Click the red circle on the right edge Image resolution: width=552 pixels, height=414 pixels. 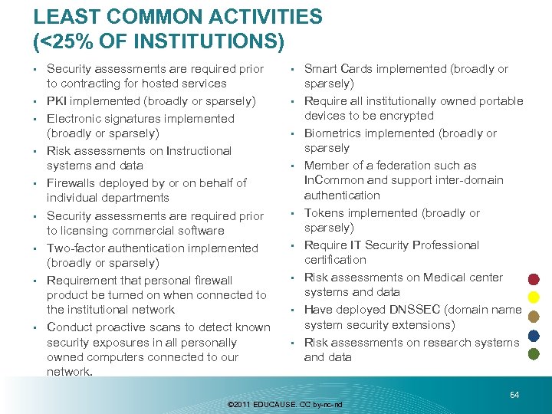534,279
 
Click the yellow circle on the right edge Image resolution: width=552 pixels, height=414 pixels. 534,297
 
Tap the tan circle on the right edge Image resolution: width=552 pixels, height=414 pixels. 534,317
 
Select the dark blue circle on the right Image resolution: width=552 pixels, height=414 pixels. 534,335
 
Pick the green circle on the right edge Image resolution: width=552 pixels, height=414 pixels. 534,354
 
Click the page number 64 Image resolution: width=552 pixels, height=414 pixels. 514,394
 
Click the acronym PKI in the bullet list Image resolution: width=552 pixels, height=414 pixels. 58,101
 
